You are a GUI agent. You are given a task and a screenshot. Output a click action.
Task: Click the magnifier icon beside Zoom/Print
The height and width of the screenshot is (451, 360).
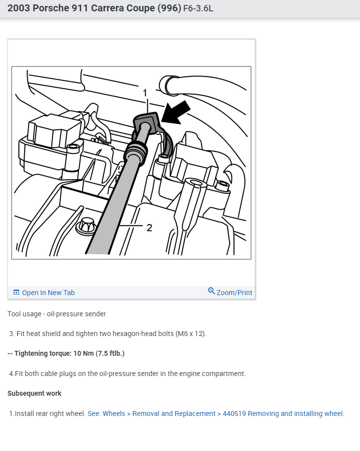211,291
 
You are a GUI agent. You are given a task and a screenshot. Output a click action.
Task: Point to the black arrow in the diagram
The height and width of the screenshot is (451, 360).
176,112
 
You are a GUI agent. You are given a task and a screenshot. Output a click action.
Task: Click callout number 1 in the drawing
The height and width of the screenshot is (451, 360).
145,93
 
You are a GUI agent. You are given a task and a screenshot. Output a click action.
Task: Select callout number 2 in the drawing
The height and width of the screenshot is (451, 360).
149,228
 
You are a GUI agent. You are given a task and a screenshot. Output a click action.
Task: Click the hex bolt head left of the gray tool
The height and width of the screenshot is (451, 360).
86,225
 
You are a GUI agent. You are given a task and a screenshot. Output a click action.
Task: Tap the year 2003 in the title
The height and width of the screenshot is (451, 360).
19,8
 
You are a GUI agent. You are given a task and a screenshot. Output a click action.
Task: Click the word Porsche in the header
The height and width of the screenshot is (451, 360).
51,8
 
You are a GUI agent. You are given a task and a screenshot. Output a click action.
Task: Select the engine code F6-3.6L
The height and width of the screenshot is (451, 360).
199,8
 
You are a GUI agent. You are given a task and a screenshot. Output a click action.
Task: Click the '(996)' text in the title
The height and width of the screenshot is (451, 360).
169,8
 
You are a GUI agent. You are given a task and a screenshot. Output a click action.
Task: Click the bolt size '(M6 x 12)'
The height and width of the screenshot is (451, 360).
191,334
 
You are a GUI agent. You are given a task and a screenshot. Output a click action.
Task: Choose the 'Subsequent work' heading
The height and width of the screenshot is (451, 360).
35,393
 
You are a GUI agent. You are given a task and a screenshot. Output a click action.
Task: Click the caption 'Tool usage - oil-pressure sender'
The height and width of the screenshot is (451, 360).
57,314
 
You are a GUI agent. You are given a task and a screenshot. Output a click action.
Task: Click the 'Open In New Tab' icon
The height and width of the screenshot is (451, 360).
16,293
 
